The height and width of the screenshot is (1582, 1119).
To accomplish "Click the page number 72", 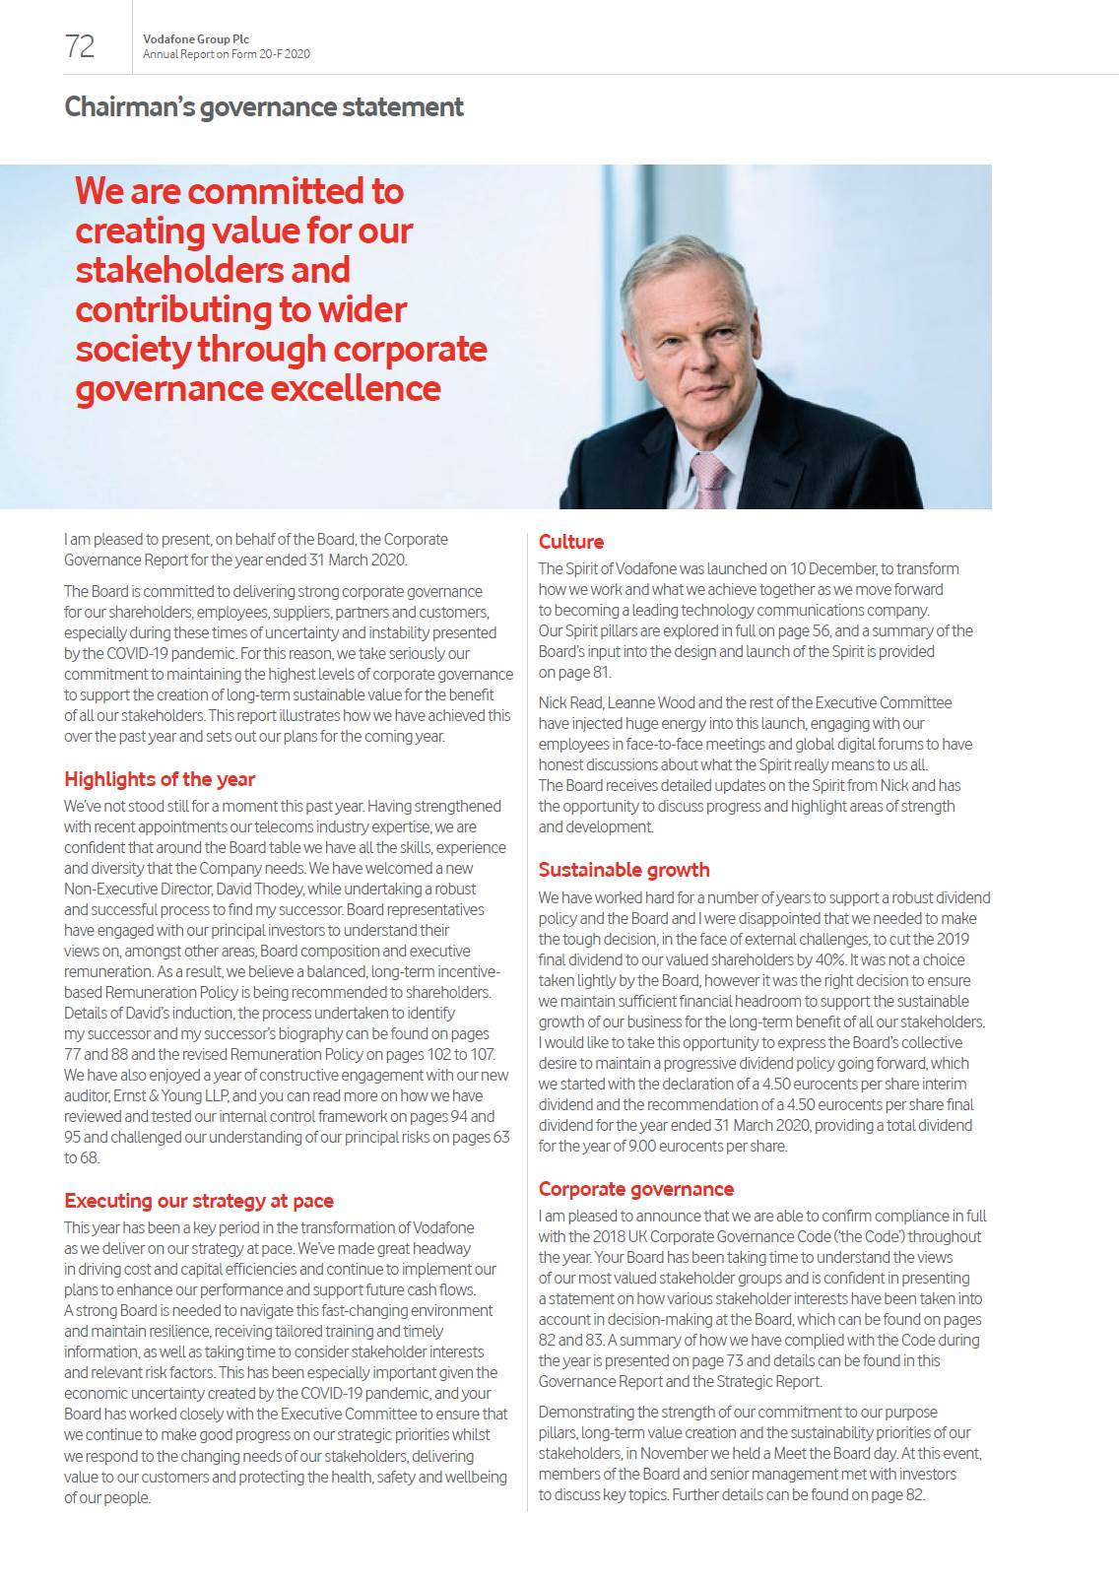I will (x=80, y=45).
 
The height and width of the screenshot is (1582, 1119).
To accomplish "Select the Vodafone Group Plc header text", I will (x=195, y=39).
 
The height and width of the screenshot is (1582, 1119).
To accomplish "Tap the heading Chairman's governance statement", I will (x=263, y=106).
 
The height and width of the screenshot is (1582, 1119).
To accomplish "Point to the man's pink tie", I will (x=708, y=481).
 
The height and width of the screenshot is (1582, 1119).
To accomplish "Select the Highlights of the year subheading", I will (x=160, y=779).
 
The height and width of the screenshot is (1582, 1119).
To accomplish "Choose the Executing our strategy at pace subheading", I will (x=199, y=1201).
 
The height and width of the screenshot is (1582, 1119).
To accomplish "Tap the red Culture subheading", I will (x=571, y=542).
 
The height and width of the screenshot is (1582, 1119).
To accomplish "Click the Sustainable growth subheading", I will (x=624, y=870).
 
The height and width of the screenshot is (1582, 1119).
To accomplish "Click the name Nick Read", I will (x=569, y=702).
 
